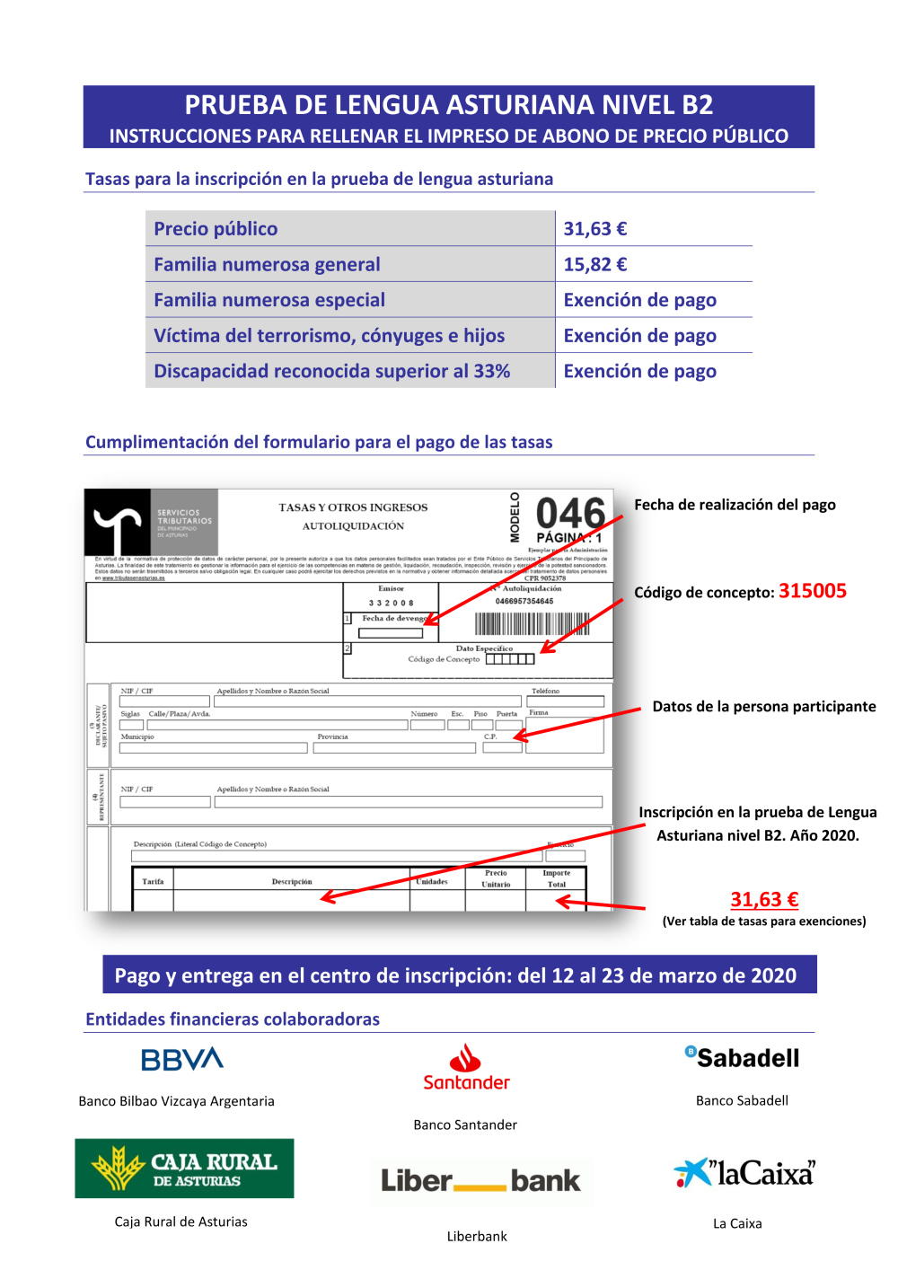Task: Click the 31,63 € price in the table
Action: [x=594, y=229]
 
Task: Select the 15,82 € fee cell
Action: [x=594, y=265]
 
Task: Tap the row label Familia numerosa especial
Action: [x=269, y=300]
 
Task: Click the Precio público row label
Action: [x=216, y=229]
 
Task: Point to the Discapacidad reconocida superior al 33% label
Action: [x=331, y=371]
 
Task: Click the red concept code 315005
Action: [x=812, y=591]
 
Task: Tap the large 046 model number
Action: [x=570, y=515]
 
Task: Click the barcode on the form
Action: [x=532, y=623]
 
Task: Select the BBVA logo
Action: [x=182, y=1060]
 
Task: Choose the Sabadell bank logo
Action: [x=743, y=1058]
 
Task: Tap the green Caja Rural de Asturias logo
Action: [x=184, y=1169]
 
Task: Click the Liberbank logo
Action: [x=480, y=1180]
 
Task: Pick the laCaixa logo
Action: [x=744, y=1173]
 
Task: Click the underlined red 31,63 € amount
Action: [x=764, y=899]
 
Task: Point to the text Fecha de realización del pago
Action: [x=735, y=505]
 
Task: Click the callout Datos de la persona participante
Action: [x=763, y=707]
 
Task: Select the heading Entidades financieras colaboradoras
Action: [x=233, y=1019]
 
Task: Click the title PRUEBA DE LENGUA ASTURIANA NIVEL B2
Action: [x=449, y=105]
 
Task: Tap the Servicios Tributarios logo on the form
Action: [x=151, y=522]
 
